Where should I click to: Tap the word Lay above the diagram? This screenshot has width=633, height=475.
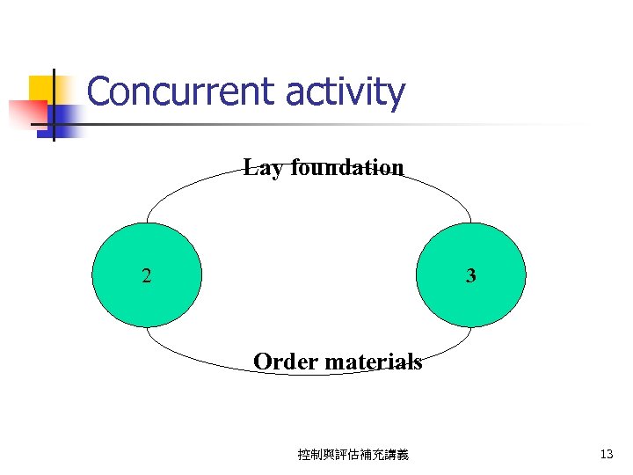click(262, 167)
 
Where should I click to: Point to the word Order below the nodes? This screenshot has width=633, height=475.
click(285, 362)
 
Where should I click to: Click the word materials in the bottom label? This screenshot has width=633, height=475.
click(373, 362)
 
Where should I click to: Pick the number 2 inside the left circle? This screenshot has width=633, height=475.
click(146, 276)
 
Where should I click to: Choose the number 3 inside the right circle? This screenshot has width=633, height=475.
click(471, 276)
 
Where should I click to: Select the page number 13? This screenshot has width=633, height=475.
click(606, 455)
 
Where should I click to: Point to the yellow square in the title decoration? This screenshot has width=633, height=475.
click(41, 89)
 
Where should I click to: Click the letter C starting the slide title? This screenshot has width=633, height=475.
click(100, 91)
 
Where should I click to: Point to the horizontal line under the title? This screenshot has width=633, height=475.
click(352, 124)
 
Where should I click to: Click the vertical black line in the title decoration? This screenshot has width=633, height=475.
click(54, 104)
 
